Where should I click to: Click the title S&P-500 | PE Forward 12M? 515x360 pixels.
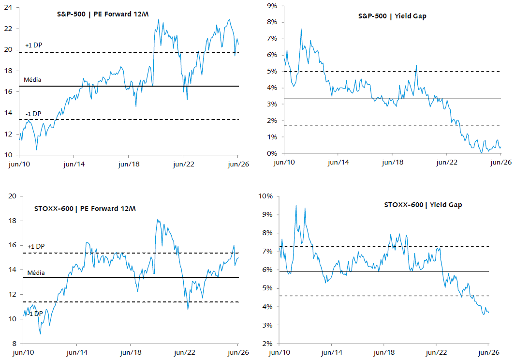click(x=103, y=14)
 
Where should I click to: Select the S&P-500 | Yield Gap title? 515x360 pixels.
click(x=392, y=16)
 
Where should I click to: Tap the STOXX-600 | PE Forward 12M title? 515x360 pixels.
click(x=85, y=209)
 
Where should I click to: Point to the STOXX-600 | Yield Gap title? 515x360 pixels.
click(x=423, y=205)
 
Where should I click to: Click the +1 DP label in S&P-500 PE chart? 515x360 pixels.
click(x=34, y=45)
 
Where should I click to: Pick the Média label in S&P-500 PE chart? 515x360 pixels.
click(x=32, y=79)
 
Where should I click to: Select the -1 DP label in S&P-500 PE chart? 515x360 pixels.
click(x=33, y=114)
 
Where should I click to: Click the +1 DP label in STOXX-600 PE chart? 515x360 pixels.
click(x=36, y=246)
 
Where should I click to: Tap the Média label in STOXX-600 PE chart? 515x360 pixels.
click(x=36, y=272)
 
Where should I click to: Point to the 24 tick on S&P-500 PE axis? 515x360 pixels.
click(x=8, y=7)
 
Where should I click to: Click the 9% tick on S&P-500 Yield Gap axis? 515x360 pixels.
click(x=272, y=6)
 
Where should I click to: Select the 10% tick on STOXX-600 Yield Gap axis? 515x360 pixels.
click(x=265, y=196)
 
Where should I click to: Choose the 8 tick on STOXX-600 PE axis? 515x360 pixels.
click(x=14, y=344)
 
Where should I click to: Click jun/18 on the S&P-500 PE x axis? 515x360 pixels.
click(x=129, y=164)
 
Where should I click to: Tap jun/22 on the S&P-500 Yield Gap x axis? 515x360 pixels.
click(x=447, y=162)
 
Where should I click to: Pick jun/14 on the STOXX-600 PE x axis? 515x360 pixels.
click(x=77, y=352)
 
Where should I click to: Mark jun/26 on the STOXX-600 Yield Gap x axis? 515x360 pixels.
click(x=489, y=352)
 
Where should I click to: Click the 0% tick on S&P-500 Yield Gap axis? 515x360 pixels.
click(x=272, y=153)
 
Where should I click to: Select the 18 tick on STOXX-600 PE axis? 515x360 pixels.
click(x=12, y=221)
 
